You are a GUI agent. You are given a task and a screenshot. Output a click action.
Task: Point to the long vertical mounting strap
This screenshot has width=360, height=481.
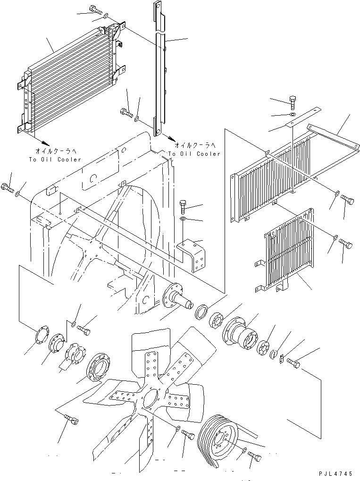(161, 71)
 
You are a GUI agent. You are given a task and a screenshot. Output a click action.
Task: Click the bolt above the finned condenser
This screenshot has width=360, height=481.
(95, 9)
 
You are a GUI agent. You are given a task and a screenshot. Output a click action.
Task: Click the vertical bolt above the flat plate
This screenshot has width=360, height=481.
(292, 101)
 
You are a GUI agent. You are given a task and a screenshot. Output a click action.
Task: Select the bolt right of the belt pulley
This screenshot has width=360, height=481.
(255, 456)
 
